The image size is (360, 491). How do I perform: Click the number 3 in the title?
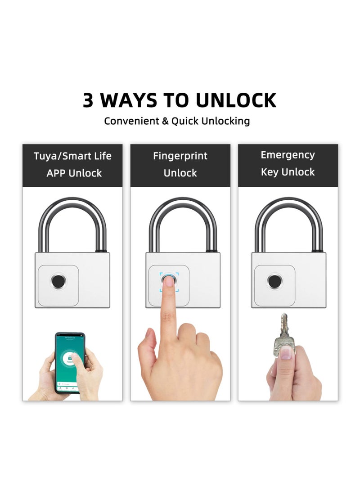88,100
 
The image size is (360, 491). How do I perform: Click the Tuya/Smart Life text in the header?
72,156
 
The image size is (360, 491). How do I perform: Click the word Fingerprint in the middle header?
180,156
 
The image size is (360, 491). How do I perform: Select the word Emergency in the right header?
288,155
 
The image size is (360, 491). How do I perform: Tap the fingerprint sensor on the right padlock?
274,281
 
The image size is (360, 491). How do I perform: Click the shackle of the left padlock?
72,207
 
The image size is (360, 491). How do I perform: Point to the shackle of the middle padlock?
183,207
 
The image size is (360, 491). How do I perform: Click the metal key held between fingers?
284,331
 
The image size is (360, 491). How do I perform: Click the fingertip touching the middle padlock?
169,282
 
